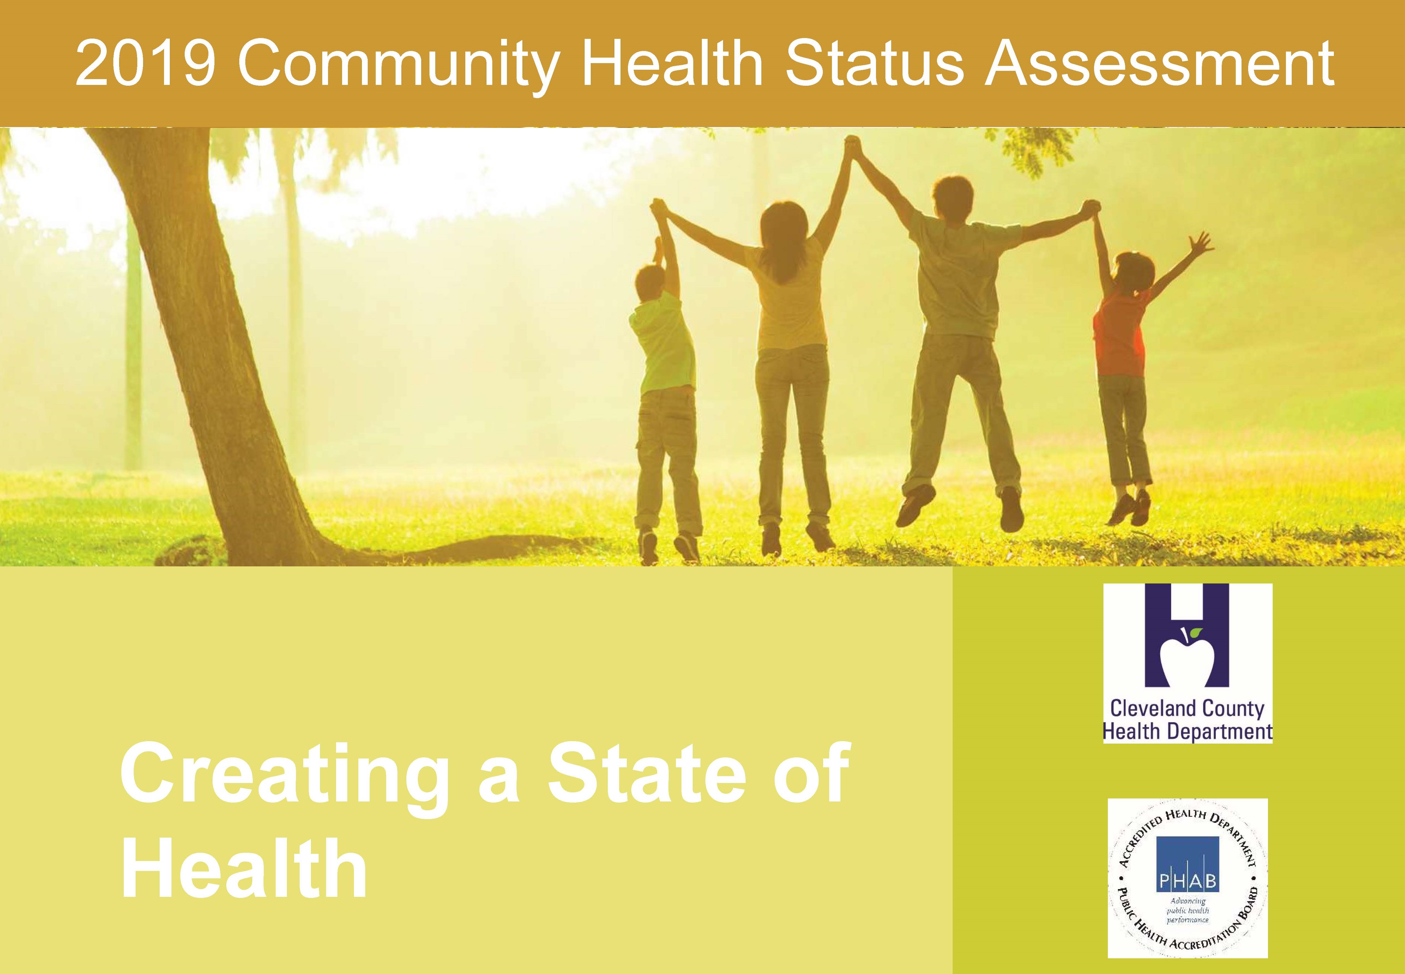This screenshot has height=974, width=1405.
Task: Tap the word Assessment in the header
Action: [x=1160, y=63]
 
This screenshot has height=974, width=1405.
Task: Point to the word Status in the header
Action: [x=874, y=63]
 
